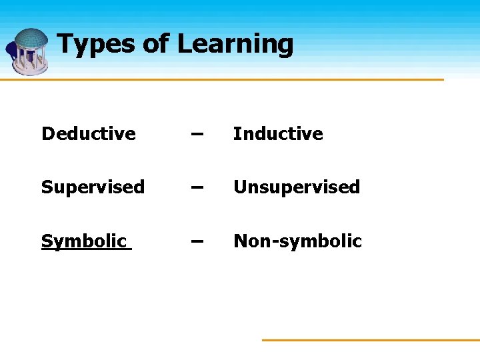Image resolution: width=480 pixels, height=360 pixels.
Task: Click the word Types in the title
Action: pos(97,44)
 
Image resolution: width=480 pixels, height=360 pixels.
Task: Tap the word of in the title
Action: pos(156,44)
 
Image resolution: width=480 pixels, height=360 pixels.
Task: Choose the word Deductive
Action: pos(88,133)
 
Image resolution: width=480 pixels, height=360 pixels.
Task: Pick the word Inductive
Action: pos(278,133)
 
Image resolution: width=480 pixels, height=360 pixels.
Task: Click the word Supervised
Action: pos(93,187)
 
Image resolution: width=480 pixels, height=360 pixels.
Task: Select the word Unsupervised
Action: pos(297,187)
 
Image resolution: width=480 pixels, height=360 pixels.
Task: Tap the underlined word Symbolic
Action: pos(83,241)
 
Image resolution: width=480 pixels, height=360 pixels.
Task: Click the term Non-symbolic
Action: pos(297,241)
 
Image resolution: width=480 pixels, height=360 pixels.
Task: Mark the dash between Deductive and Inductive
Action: pos(195,133)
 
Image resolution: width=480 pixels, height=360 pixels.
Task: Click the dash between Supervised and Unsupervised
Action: pos(195,187)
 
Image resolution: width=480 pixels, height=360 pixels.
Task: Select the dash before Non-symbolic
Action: pos(195,241)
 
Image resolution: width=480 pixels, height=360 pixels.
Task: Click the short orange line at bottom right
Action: pos(370,340)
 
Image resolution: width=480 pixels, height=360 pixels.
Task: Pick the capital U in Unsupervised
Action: pos(239,187)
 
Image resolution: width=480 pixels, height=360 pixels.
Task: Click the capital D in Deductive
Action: pos(47,133)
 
